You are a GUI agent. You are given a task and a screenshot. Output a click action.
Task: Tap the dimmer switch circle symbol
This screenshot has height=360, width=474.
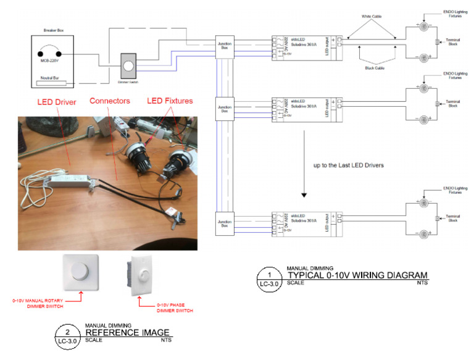click(128, 64)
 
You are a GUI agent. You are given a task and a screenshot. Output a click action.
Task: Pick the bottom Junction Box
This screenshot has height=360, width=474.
click(224, 224)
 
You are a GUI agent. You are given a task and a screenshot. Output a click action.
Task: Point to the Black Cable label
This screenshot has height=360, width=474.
click(372, 69)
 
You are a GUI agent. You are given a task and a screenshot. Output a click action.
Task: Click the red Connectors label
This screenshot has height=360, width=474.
click(110, 100)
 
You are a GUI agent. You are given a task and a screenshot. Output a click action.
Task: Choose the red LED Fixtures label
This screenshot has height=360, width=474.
click(169, 100)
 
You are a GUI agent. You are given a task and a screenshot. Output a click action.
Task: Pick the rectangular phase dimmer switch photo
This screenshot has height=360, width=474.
click(143, 272)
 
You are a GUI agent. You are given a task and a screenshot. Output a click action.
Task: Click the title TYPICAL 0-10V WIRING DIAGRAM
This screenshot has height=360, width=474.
click(357, 275)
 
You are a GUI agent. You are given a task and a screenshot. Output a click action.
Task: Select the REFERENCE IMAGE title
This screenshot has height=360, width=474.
click(127, 333)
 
